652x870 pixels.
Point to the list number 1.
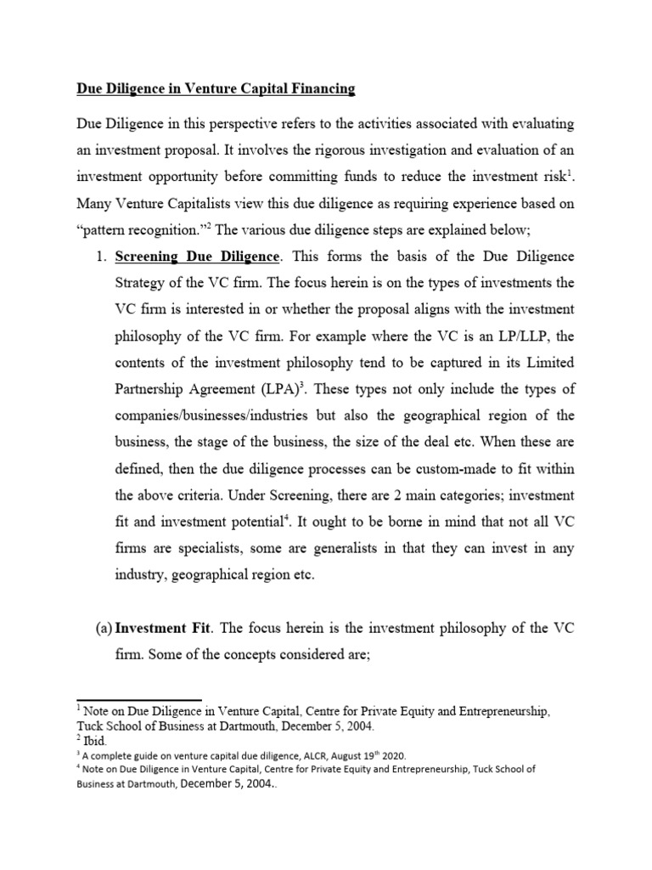coord(98,257)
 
